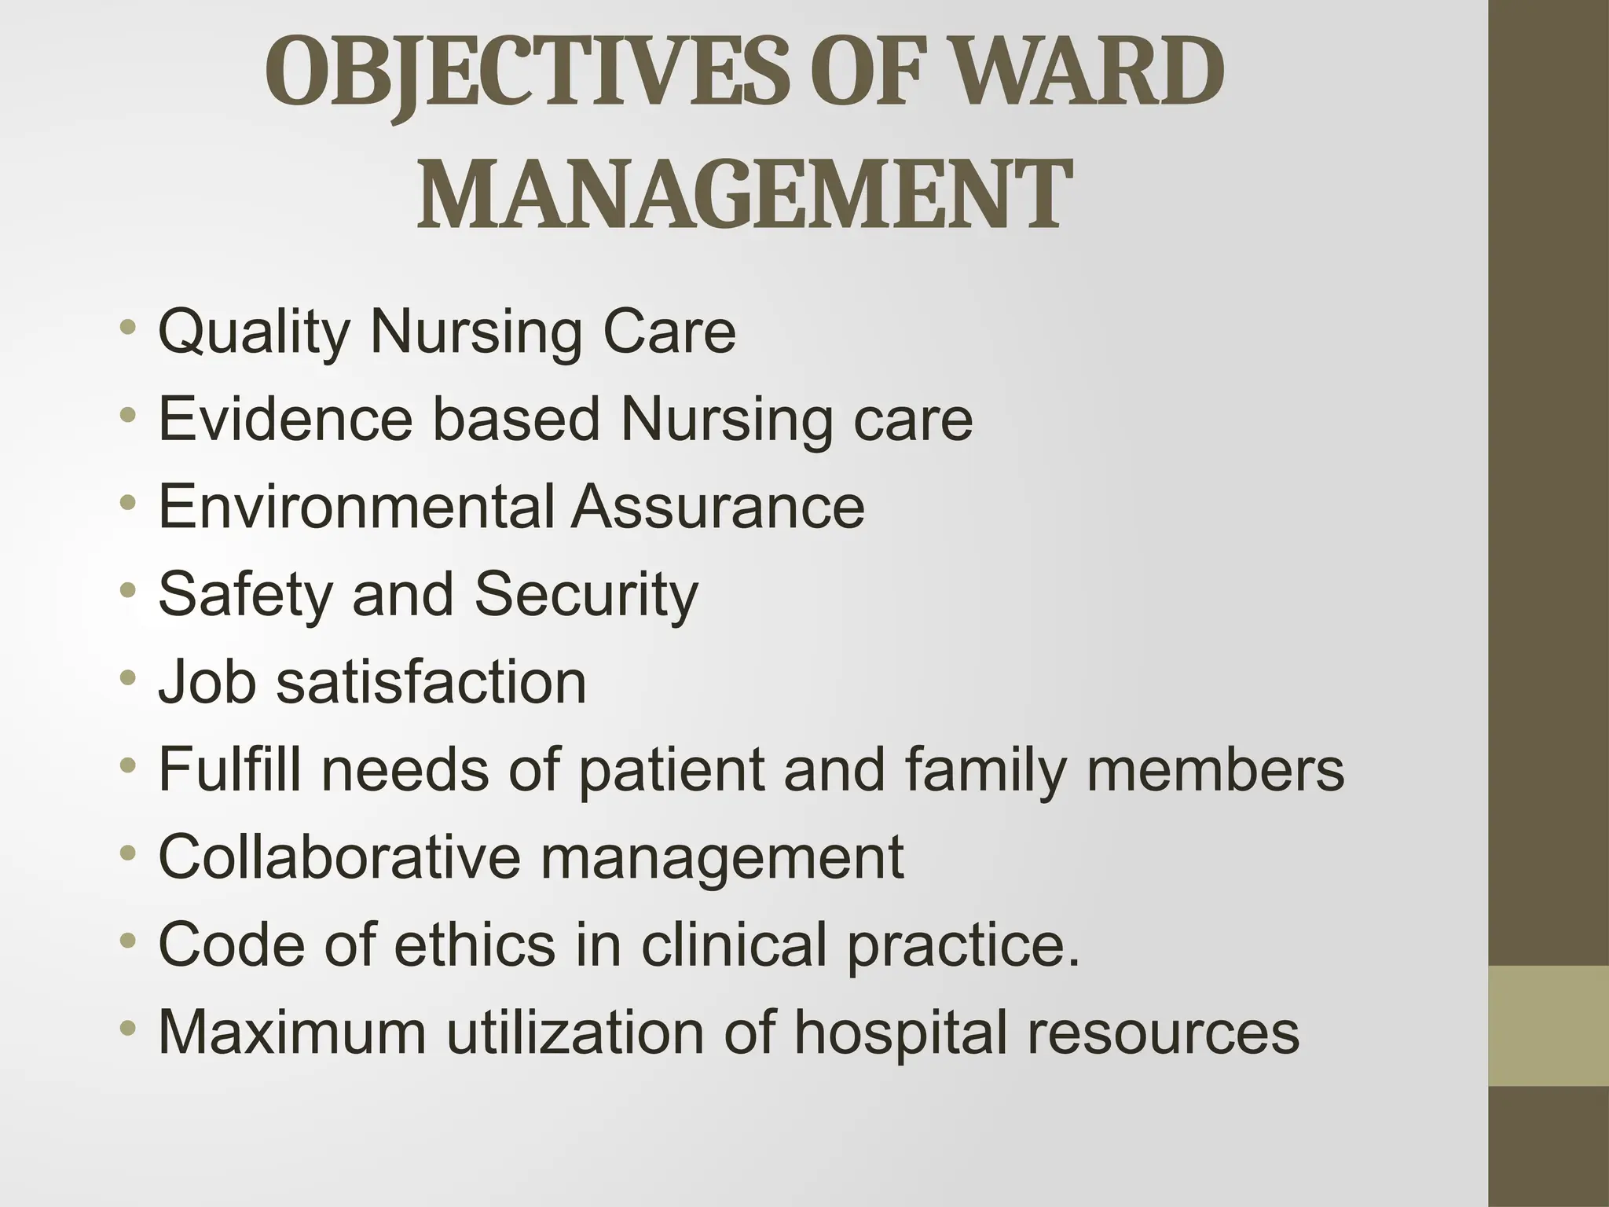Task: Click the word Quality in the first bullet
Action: [254, 333]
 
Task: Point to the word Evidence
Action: [285, 419]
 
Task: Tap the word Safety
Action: [245, 595]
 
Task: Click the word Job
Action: [207, 681]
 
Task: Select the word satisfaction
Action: [431, 681]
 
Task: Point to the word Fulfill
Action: [229, 769]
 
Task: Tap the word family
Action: [985, 769]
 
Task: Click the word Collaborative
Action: [339, 857]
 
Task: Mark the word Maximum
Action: [292, 1032]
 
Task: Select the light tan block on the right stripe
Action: [1549, 1025]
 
